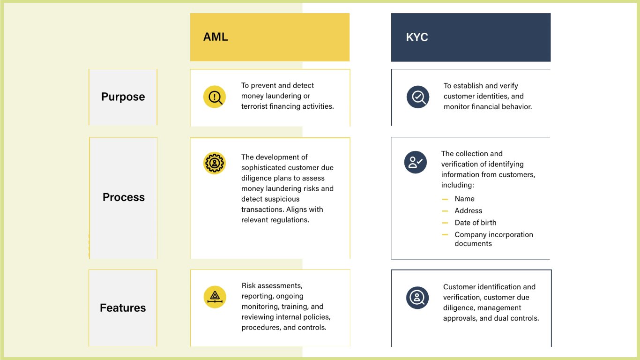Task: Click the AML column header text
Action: [216, 37]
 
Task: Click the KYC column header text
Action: [417, 37]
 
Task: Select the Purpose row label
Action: [123, 97]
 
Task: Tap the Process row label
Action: [123, 197]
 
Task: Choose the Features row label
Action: [123, 307]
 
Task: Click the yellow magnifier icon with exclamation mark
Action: [215, 97]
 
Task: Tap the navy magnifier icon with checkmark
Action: [418, 97]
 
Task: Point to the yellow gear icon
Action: [215, 163]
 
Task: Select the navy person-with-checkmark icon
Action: [416, 162]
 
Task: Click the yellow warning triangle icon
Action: [215, 297]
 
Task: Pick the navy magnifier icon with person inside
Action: [417, 298]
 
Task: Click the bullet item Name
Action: [465, 199]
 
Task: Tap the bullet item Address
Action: [468, 211]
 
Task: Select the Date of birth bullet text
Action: [476, 223]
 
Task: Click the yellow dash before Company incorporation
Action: [445, 235]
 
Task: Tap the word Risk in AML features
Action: [248, 285]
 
